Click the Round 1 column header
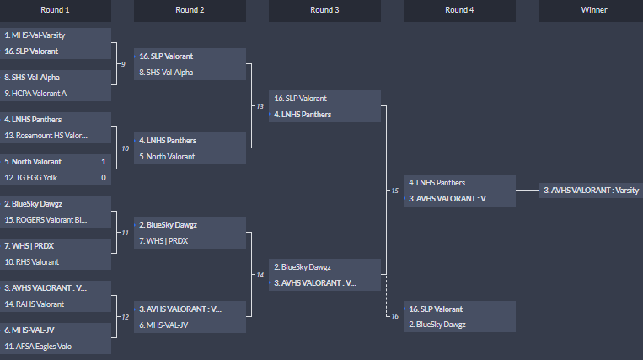[x=56, y=10]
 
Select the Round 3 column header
[x=324, y=10]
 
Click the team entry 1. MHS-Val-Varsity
[x=38, y=35]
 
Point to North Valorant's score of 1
[x=104, y=161]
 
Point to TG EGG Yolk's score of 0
[x=104, y=177]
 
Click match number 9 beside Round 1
[x=123, y=64]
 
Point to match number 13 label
[x=260, y=106]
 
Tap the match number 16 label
[x=394, y=316]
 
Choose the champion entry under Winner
[x=591, y=191]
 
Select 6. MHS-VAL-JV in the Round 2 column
[x=165, y=325]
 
